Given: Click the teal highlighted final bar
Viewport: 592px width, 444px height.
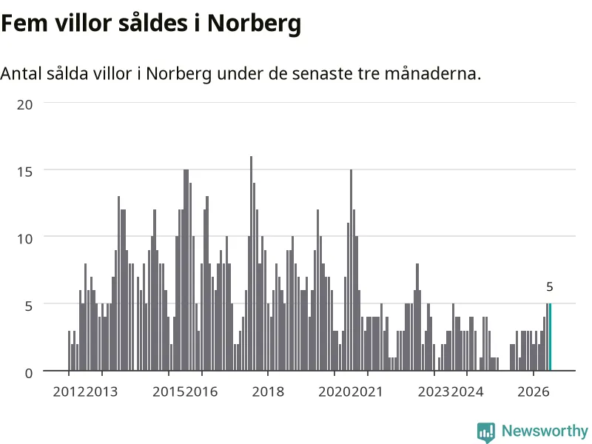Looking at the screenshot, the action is pyautogui.click(x=550, y=337).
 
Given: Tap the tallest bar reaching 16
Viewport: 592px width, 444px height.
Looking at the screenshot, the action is pyautogui.click(x=251, y=263).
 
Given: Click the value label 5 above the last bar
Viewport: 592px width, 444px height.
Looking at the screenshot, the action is pyautogui.click(x=550, y=287).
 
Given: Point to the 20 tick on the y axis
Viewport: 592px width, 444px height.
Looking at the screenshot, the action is pyautogui.click(x=24, y=104).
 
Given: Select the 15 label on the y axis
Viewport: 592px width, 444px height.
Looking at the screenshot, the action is pyautogui.click(x=24, y=172).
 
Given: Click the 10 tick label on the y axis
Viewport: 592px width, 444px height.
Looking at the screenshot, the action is pyautogui.click(x=24, y=238).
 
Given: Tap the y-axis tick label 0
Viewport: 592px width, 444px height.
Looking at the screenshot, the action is pyautogui.click(x=29, y=374).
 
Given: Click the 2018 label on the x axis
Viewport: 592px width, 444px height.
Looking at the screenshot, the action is pyautogui.click(x=268, y=391).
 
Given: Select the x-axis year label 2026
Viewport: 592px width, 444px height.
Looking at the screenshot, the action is pyautogui.click(x=533, y=391).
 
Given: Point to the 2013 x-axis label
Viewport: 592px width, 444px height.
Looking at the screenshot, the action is pyautogui.click(x=102, y=391).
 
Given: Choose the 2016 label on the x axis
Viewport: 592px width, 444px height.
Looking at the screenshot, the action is pyautogui.click(x=201, y=391).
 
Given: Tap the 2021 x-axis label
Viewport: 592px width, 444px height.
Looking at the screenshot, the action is pyautogui.click(x=367, y=391).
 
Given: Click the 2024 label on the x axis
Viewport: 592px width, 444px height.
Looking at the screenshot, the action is pyautogui.click(x=467, y=391).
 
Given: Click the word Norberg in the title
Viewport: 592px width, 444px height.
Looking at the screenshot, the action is pyautogui.click(x=254, y=24).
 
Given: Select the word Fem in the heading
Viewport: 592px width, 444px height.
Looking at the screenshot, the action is pyautogui.click(x=24, y=23).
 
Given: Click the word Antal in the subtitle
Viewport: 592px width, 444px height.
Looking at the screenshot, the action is pyautogui.click(x=21, y=73).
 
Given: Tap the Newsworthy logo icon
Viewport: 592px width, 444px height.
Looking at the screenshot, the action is pyautogui.click(x=486, y=432).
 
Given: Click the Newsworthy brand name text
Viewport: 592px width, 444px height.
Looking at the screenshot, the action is pyautogui.click(x=545, y=431).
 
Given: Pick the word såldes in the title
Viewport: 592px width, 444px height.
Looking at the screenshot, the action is pyautogui.click(x=153, y=23).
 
